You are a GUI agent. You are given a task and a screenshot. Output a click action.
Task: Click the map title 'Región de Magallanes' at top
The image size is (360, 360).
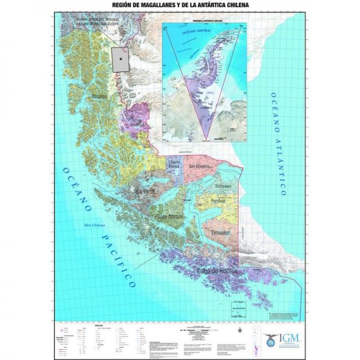[x=180, y=7]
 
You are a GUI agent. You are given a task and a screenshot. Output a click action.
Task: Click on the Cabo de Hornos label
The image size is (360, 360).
[x=217, y=272]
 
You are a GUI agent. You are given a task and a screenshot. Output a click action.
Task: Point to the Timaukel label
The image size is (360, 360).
[x=223, y=232]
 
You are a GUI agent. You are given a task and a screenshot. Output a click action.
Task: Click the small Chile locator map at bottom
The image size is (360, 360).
[x=311, y=340]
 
